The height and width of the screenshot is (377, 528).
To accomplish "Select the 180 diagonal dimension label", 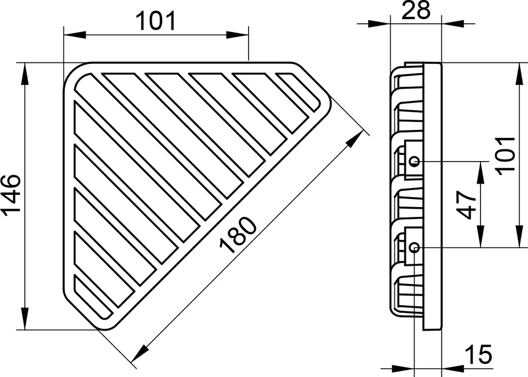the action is coord(238,235).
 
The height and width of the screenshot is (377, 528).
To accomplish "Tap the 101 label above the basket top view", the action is coord(156,21).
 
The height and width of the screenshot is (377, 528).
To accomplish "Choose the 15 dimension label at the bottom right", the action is coord(478,354).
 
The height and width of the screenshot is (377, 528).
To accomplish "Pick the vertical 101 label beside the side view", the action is coord(506,156).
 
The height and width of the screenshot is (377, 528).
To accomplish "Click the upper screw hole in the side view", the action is coord(415,161).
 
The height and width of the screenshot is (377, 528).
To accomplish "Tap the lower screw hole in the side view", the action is coord(414,248).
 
